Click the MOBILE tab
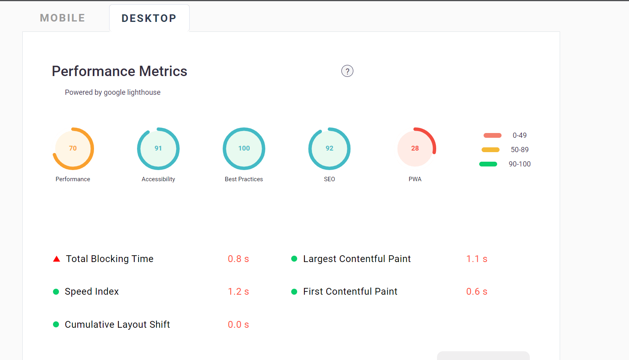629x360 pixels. [x=63, y=18]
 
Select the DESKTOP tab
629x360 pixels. [x=149, y=18]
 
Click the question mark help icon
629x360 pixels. [x=347, y=71]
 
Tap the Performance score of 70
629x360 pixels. [x=73, y=148]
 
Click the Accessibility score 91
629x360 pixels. [x=158, y=148]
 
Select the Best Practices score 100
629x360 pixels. [x=244, y=148]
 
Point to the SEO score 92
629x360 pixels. [x=329, y=148]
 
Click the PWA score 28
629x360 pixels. [x=415, y=148]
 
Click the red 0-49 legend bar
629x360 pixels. [x=492, y=135]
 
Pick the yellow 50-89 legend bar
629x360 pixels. [x=490, y=150]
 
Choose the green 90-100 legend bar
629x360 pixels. [x=488, y=164]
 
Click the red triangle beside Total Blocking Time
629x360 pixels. [x=57, y=259]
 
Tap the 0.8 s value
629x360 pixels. [x=238, y=259]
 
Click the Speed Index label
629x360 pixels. [x=92, y=292]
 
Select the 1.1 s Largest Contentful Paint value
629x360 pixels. [x=477, y=259]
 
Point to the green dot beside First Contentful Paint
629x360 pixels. [x=294, y=292]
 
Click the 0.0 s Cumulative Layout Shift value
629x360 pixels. [x=238, y=325]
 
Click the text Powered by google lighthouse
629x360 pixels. [x=113, y=92]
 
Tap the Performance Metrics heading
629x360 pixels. [x=120, y=71]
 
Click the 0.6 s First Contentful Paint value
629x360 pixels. [x=477, y=292]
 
